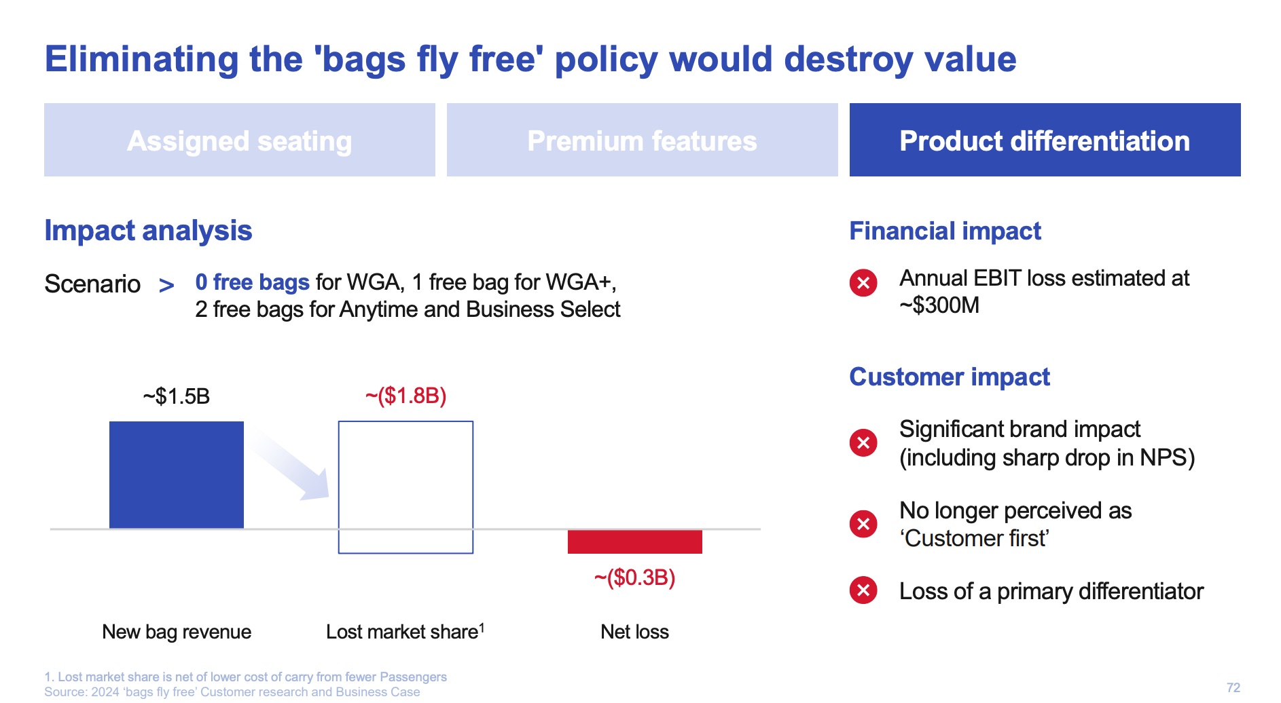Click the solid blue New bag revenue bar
point(177,474)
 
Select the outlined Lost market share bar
point(405,487)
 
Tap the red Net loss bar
point(634,541)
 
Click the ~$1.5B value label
point(177,396)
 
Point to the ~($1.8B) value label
point(405,396)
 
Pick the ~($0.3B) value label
point(634,577)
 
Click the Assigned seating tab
point(239,140)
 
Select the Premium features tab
point(642,140)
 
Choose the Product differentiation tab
point(1045,140)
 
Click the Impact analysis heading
point(148,231)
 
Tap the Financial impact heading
point(945,231)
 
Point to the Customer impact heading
point(949,377)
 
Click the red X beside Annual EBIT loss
point(863,282)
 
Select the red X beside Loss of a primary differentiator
point(863,590)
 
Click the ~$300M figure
point(940,306)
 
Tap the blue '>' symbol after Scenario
point(166,285)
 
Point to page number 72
point(1233,687)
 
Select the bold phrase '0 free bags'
point(252,282)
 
